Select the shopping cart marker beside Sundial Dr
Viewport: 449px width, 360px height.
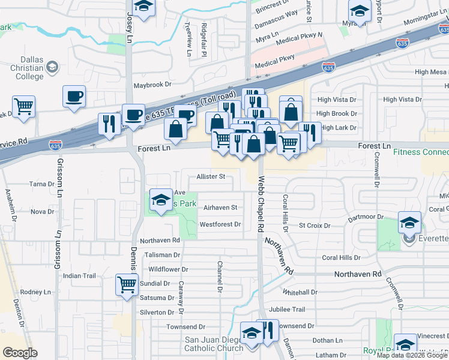(127, 284)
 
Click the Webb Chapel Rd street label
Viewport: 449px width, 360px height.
(261, 203)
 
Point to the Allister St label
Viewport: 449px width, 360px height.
(211, 176)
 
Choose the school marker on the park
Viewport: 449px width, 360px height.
(160, 200)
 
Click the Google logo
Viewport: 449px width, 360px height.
(20, 353)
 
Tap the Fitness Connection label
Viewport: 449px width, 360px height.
(421, 152)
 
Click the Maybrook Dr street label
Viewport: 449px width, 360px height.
(152, 86)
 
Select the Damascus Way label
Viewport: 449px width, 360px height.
(276, 29)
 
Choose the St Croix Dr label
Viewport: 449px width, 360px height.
(315, 226)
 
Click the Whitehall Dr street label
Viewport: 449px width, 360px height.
(300, 292)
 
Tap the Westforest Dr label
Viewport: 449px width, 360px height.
(220, 224)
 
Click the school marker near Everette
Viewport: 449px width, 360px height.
(410, 223)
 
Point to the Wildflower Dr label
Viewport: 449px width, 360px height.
(168, 270)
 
